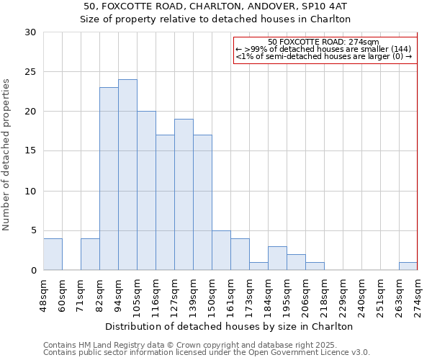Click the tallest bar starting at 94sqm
[x=127, y=175]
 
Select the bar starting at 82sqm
[x=109, y=179]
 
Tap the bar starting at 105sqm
[x=146, y=191]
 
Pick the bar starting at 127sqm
[x=184, y=194]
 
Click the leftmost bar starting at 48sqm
[x=53, y=254]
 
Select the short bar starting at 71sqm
[x=90, y=254]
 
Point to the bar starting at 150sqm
[x=221, y=251]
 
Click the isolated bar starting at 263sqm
[x=408, y=266]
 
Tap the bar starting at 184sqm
[x=277, y=258]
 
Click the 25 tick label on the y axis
[x=30, y=72]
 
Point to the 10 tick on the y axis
[x=30, y=192]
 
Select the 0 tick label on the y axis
[x=33, y=271]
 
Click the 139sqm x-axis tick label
[x=193, y=294]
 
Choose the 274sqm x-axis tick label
[x=418, y=294]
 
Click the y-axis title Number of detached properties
[x=7, y=155]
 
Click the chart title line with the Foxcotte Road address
[x=215, y=6]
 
